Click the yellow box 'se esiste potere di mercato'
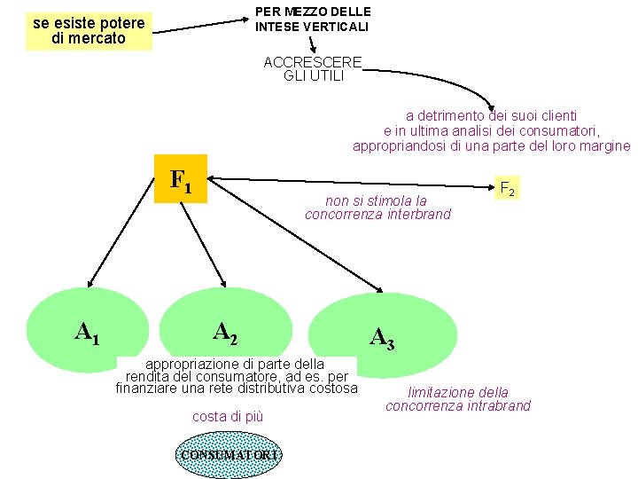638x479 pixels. [x=89, y=31]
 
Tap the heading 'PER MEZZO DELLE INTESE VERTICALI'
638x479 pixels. [x=313, y=19]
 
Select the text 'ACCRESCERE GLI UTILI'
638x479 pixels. [x=314, y=68]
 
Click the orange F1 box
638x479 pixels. [x=181, y=180]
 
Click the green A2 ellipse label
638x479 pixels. [x=225, y=332]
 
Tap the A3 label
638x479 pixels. [x=382, y=337]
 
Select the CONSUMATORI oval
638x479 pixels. [x=229, y=455]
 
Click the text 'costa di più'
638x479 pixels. [x=228, y=416]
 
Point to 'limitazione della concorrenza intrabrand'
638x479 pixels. [x=458, y=399]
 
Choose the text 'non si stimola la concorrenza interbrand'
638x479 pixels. [x=377, y=208]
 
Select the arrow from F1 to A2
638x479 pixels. [x=206, y=239]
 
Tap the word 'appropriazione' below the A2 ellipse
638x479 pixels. [x=189, y=364]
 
